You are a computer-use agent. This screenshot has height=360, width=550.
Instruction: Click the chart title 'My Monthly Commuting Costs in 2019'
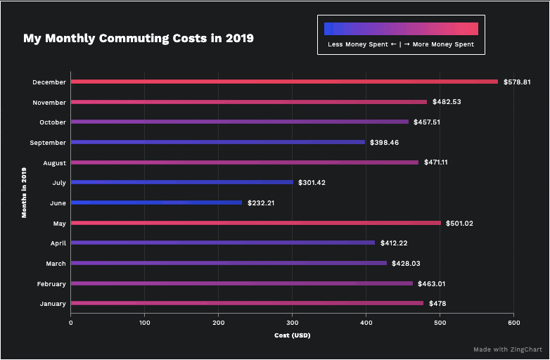coord(139,38)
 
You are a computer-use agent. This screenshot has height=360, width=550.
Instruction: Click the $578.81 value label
coord(517,82)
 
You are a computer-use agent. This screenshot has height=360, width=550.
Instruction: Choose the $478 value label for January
coord(437,304)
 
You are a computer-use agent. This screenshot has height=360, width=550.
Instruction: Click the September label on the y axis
coord(49,143)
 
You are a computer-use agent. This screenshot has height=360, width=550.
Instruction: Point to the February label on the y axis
coord(51,284)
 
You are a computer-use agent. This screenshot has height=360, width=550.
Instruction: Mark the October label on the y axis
coord(52,122)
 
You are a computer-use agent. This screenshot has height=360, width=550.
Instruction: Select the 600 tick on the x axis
coord(513,323)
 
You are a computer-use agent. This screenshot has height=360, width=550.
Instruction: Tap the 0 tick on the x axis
coord(70,323)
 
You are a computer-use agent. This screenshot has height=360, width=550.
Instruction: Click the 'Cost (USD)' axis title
coord(292,335)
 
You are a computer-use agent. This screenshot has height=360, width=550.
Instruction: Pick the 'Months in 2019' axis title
coord(23,193)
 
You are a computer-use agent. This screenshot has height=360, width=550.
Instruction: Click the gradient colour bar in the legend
coord(401,29)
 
